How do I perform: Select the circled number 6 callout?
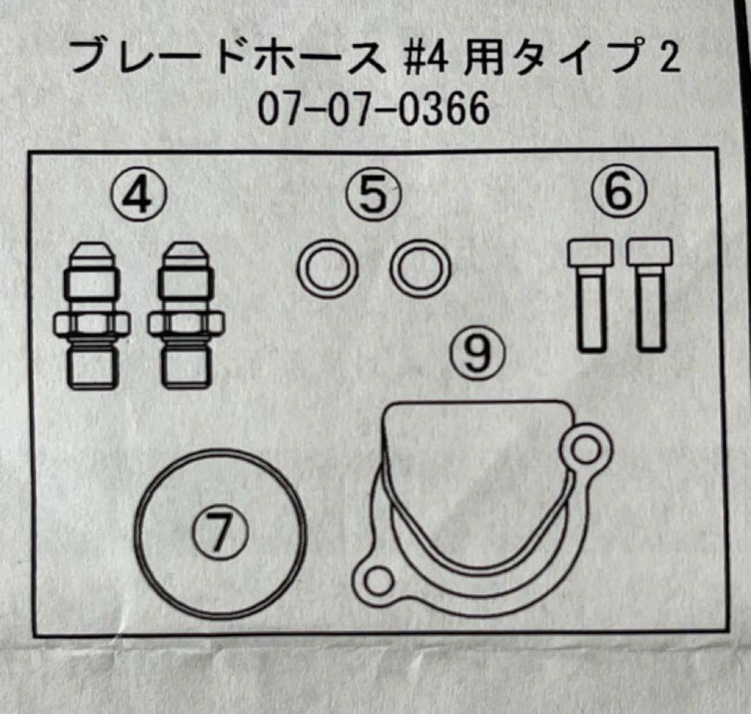click(x=618, y=192)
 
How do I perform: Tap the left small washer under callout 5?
click(x=327, y=269)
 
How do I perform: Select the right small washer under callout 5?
click(x=421, y=269)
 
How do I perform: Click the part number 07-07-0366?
click(x=373, y=111)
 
